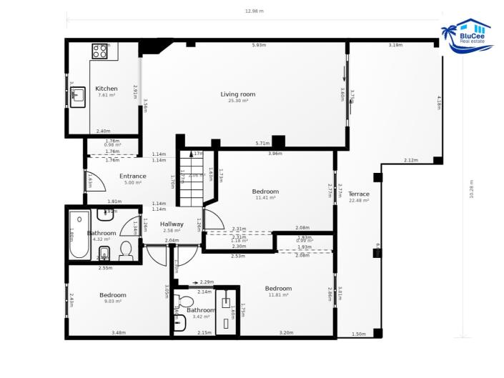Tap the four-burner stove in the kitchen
pos(99,51)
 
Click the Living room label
pos(237,94)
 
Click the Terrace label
pos(359,194)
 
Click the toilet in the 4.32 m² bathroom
pos(126,250)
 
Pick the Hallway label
pos(172,224)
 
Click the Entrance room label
pos(132,176)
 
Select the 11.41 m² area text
pos(265,198)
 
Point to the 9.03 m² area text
pos(112,302)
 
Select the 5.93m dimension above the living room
pos(259,45)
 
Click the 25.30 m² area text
pos(237,101)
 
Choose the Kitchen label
pos(107,89)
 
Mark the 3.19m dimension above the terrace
pos(395,45)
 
